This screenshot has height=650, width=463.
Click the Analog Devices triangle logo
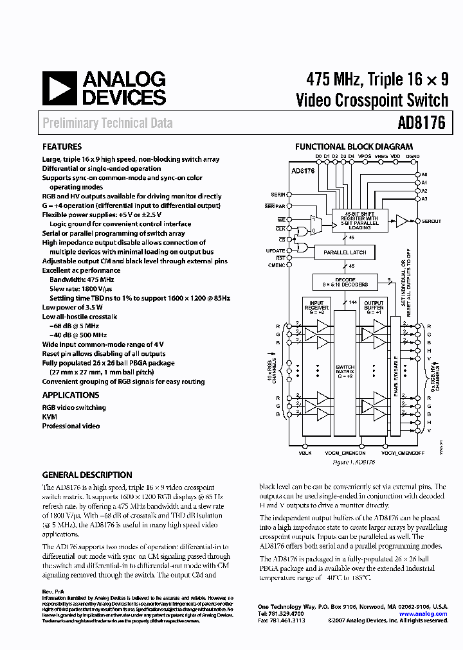[59, 88]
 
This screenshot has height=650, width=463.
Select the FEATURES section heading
[62, 146]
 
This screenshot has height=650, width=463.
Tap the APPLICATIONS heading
[71, 395]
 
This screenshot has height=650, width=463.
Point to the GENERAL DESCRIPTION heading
[87, 475]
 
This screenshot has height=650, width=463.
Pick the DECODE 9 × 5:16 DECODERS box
[345, 283]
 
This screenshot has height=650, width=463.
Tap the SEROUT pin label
[431, 222]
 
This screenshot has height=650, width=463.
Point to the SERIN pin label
[278, 194]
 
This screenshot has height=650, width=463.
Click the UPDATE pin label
[275, 250]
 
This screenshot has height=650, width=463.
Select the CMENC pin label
[277, 265]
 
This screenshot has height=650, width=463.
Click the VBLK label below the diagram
[305, 453]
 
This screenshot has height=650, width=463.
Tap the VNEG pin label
[381, 156]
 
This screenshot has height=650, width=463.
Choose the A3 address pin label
[424, 198]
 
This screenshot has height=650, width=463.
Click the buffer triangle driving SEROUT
[401, 222]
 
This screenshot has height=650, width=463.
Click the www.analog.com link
[422, 614]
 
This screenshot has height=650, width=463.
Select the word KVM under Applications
[50, 416]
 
